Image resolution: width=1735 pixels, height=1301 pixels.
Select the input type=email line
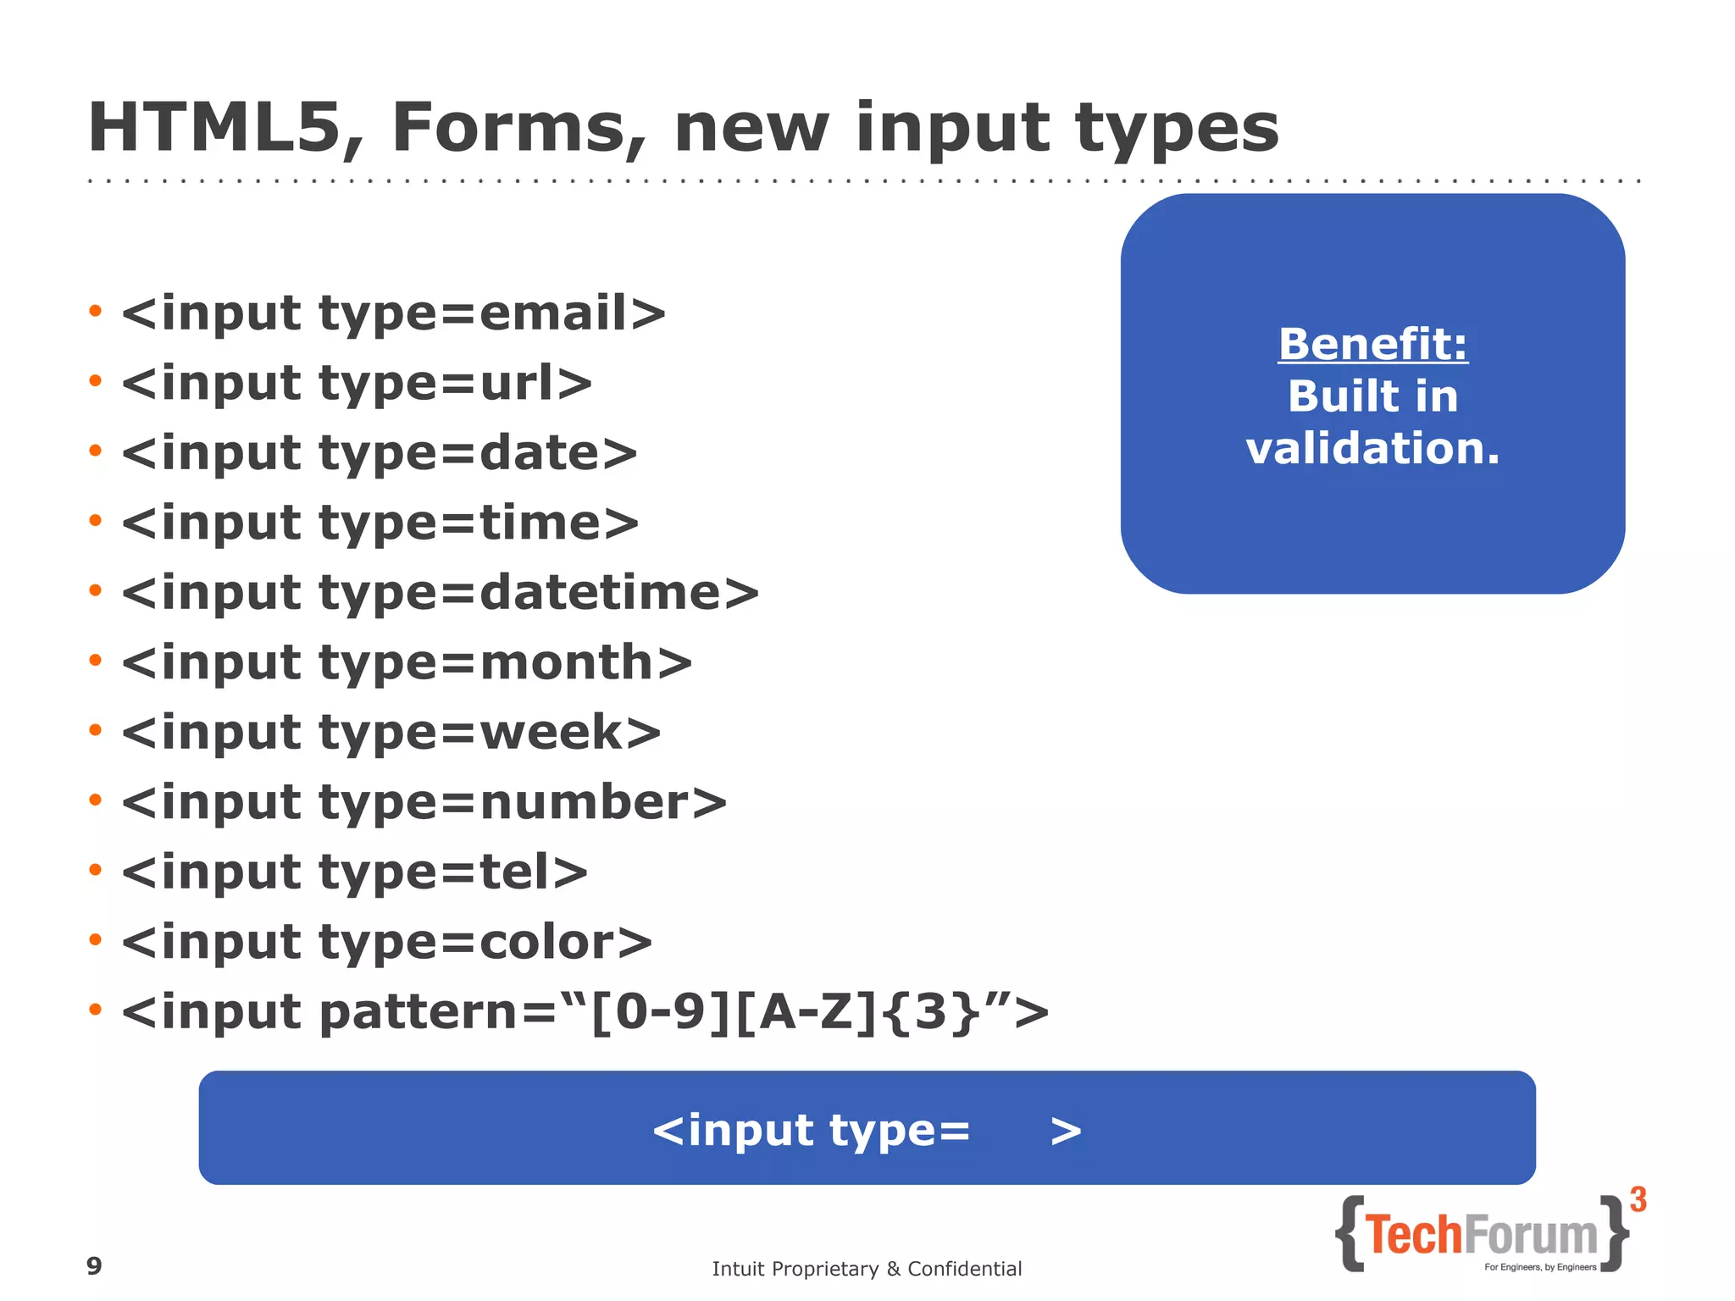point(393,313)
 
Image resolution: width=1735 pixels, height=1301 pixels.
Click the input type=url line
point(356,384)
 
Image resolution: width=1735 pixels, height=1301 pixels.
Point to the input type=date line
point(379,453)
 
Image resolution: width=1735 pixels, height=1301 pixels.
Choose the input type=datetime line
point(440,592)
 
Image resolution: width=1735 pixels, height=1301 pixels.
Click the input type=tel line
point(354,872)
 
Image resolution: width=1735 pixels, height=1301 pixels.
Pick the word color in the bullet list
point(547,941)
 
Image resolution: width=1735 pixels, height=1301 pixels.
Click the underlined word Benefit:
point(1372,345)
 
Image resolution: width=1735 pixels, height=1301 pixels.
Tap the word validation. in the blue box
point(1372,448)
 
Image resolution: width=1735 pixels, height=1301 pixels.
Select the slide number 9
point(94,1265)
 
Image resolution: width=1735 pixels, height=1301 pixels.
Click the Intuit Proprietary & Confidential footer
point(867,1268)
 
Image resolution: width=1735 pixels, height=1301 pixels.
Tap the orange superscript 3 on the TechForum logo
point(1638,1199)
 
